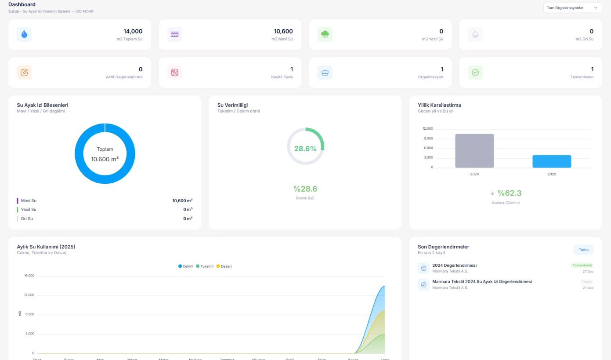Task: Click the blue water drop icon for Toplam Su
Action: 24,34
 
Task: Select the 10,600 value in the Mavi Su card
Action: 283,31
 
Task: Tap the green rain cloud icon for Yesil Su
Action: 325,34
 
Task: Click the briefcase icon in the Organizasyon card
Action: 325,73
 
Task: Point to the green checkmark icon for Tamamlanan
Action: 475,73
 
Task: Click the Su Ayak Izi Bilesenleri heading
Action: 42,105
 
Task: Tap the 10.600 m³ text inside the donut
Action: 105,159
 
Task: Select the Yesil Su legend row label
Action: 29,210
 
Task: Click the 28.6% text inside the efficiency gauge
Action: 305,149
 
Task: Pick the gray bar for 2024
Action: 474,151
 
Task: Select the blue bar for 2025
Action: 552,161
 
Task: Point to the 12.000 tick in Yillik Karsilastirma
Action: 427,129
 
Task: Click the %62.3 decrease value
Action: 509,193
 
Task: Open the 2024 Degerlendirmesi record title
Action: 454,265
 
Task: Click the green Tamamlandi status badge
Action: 582,265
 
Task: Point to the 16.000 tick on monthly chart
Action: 29,276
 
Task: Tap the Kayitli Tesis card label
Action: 282,77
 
